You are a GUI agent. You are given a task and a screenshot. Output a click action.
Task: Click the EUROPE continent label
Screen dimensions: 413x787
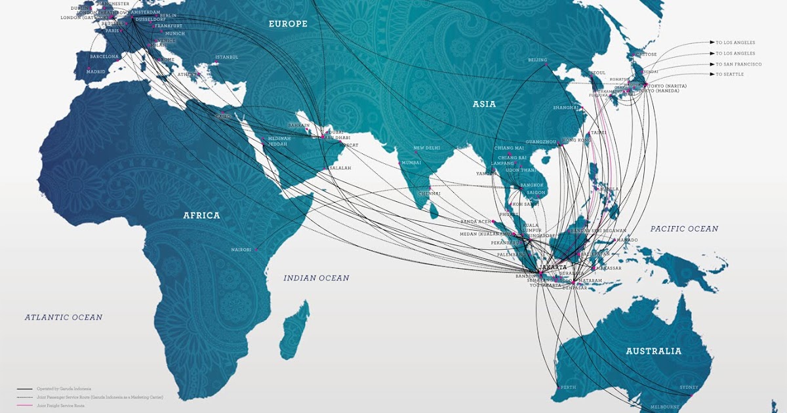point(288,24)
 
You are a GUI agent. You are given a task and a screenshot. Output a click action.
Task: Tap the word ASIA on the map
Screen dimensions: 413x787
point(484,104)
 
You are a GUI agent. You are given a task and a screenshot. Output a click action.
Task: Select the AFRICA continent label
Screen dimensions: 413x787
point(201,215)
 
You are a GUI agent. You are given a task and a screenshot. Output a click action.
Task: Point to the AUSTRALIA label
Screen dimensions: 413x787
point(653,351)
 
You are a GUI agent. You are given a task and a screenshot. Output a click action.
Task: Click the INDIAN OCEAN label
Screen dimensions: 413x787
point(316,278)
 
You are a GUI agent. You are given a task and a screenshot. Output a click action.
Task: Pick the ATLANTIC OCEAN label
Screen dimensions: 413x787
point(64,317)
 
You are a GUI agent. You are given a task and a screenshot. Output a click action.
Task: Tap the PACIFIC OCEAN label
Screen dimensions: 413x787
point(684,229)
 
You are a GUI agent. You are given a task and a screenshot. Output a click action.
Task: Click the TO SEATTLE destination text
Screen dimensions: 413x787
point(730,75)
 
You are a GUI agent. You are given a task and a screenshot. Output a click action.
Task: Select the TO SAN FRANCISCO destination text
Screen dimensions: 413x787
point(738,64)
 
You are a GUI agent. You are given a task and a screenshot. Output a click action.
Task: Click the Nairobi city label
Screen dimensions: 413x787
point(241,250)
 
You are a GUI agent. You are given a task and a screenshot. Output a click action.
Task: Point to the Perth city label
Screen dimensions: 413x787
point(568,387)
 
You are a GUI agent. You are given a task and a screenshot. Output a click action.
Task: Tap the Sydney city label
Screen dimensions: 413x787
point(689,387)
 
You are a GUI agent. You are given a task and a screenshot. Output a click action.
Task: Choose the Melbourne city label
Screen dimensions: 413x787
point(664,407)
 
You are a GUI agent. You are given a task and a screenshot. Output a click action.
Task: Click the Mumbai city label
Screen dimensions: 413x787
point(411,163)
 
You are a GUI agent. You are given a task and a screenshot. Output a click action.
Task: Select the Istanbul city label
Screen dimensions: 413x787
point(226,57)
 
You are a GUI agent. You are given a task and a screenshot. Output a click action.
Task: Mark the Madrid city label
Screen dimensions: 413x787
point(96,71)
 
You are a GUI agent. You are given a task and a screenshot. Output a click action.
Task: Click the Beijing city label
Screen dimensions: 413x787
point(537,60)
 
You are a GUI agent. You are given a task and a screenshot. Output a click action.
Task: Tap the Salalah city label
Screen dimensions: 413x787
point(340,168)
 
